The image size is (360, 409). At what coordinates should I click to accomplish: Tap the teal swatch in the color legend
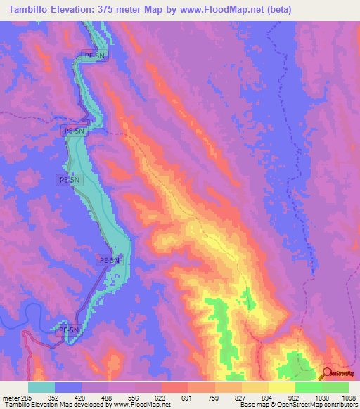(41, 387)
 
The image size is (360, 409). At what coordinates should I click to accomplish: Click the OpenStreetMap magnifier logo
(327, 373)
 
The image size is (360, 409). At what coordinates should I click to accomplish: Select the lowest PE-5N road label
(69, 330)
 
